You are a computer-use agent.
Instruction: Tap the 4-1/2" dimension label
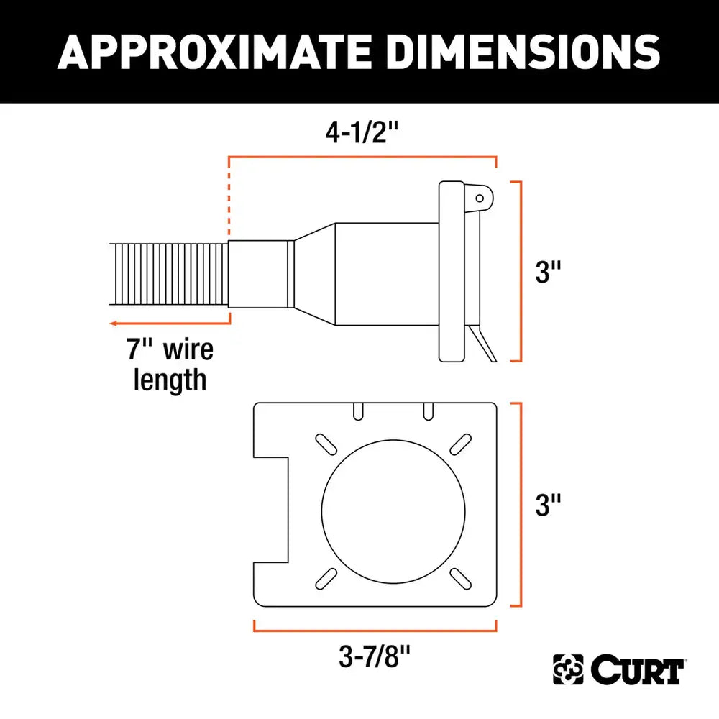pyautogui.click(x=362, y=133)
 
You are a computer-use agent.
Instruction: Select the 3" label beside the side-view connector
pyautogui.click(x=547, y=272)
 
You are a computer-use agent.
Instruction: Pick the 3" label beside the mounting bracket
pyautogui.click(x=547, y=505)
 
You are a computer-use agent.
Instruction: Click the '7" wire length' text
pyautogui.click(x=171, y=365)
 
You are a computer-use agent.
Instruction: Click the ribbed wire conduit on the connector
pyautogui.click(x=170, y=278)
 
